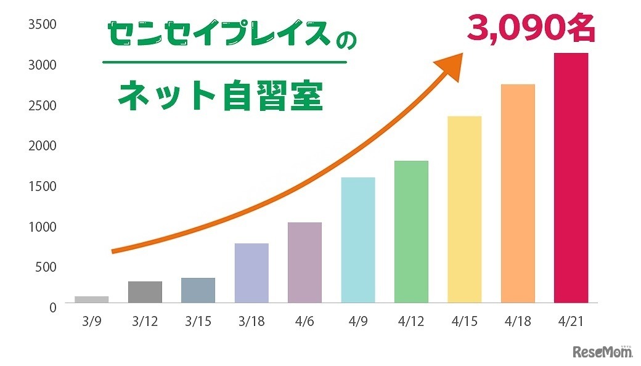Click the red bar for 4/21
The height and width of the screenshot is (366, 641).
pyautogui.click(x=571, y=178)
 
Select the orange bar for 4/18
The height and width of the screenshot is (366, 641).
pyautogui.click(x=518, y=193)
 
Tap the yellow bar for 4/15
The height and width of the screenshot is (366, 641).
pyautogui.click(x=464, y=209)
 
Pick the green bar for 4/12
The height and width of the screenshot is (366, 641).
pyautogui.click(x=411, y=232)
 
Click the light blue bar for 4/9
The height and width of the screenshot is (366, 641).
pyautogui.click(x=357, y=240)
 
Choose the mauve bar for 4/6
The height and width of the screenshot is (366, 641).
pyautogui.click(x=304, y=262)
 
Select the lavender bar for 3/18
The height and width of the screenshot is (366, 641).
pyautogui.click(x=251, y=273)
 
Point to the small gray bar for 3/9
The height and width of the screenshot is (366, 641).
pyautogui.click(x=91, y=299)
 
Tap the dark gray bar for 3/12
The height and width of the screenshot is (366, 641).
pyautogui.click(x=145, y=292)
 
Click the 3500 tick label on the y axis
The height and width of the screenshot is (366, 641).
pyautogui.click(x=43, y=25)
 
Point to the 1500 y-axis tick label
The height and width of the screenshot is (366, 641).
pyautogui.click(x=43, y=187)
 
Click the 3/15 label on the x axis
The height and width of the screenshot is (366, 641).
pyautogui.click(x=198, y=322)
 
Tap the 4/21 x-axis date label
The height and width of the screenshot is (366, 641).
pyautogui.click(x=571, y=322)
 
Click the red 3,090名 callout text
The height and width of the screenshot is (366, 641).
pyautogui.click(x=531, y=29)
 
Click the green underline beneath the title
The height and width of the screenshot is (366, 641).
pyautogui.click(x=224, y=62)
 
